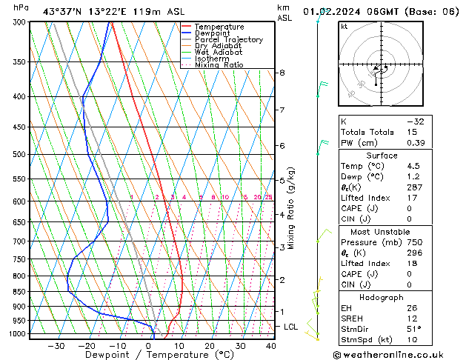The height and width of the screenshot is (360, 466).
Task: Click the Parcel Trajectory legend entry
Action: click(x=228, y=40)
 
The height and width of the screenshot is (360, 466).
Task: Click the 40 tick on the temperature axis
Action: click(x=271, y=346)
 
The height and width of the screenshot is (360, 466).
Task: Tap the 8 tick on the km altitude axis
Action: click(x=282, y=73)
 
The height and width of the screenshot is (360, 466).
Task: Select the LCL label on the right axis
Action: click(x=291, y=327)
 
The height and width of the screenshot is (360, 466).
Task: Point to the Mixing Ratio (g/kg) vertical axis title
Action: click(x=291, y=207)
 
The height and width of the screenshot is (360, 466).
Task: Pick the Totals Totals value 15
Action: click(x=412, y=132)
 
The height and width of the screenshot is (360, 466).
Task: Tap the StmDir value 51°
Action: click(x=414, y=329)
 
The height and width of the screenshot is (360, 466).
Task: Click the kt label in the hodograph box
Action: click(x=344, y=27)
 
